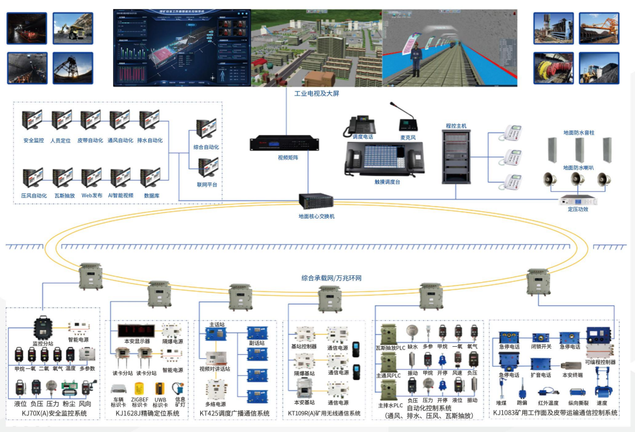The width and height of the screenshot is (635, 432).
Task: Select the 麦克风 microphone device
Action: tap(407, 120)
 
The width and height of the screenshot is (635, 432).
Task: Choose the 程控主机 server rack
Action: tap(456, 156)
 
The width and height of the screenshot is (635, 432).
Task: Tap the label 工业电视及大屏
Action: tap(316, 93)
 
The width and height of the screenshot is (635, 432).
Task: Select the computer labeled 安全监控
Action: tap(33, 121)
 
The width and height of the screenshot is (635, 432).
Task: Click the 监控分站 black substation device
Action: tap(43, 328)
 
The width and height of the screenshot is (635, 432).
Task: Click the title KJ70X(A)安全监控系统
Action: tap(54, 413)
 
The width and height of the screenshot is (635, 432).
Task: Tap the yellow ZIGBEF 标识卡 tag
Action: tap(139, 390)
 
